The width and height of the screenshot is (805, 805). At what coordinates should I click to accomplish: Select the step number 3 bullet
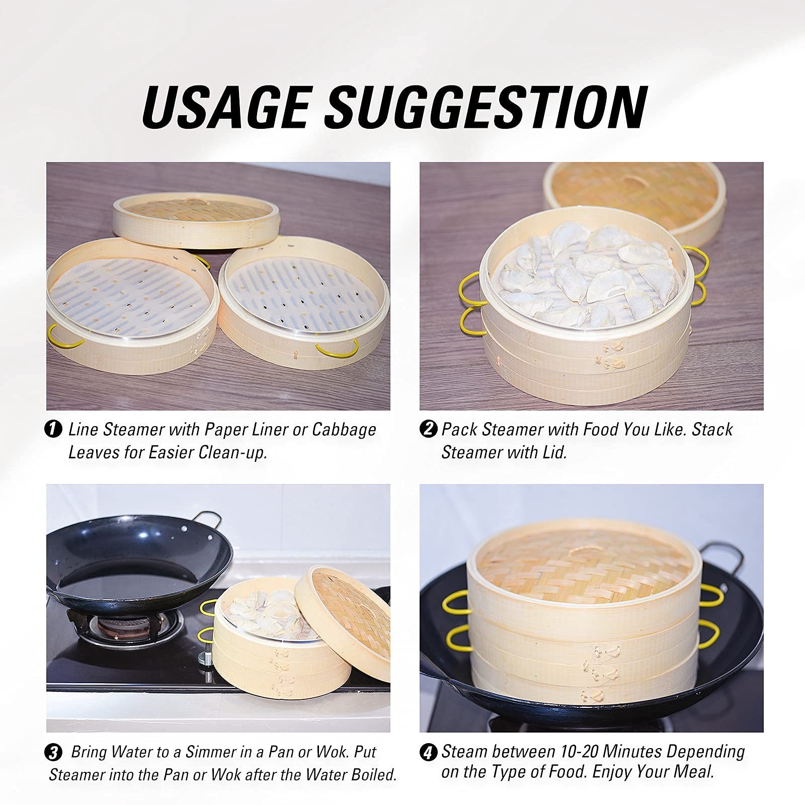coord(53,753)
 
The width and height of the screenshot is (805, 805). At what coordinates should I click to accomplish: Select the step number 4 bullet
coord(427,753)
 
